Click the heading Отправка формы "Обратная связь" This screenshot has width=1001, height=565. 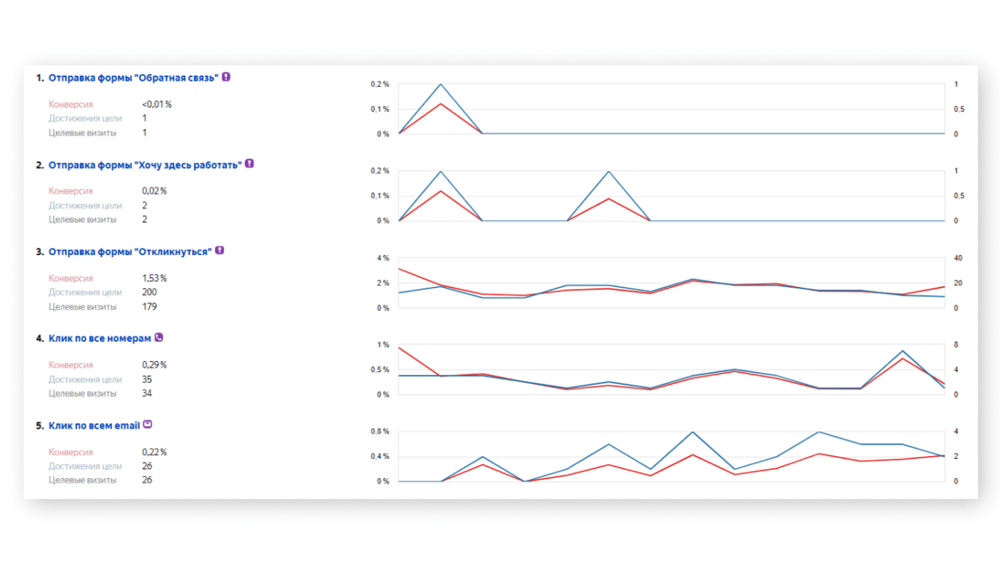click(133, 77)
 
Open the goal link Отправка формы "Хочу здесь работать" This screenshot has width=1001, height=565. click(145, 164)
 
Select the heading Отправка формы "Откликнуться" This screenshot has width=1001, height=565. click(130, 251)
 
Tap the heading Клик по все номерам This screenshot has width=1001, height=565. click(99, 339)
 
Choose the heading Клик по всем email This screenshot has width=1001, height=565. click(94, 425)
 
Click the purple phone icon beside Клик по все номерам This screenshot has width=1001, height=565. click(158, 338)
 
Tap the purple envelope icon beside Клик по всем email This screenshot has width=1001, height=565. click(147, 424)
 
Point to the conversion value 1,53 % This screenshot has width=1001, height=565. click(154, 278)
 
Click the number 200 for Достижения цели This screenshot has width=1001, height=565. click(149, 292)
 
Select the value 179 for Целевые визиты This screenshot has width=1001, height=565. click(149, 306)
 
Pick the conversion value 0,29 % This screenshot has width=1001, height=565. click(154, 365)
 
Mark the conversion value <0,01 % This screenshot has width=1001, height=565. click(156, 105)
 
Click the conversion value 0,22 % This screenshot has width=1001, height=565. click(154, 452)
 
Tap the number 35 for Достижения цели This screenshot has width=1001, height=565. click(146, 379)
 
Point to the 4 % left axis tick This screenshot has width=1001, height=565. click(382, 259)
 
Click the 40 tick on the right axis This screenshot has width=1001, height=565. click(958, 259)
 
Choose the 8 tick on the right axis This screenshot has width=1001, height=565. click(955, 345)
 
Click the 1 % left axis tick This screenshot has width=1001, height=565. click(382, 345)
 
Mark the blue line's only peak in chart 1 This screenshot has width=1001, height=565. click(441, 84)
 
